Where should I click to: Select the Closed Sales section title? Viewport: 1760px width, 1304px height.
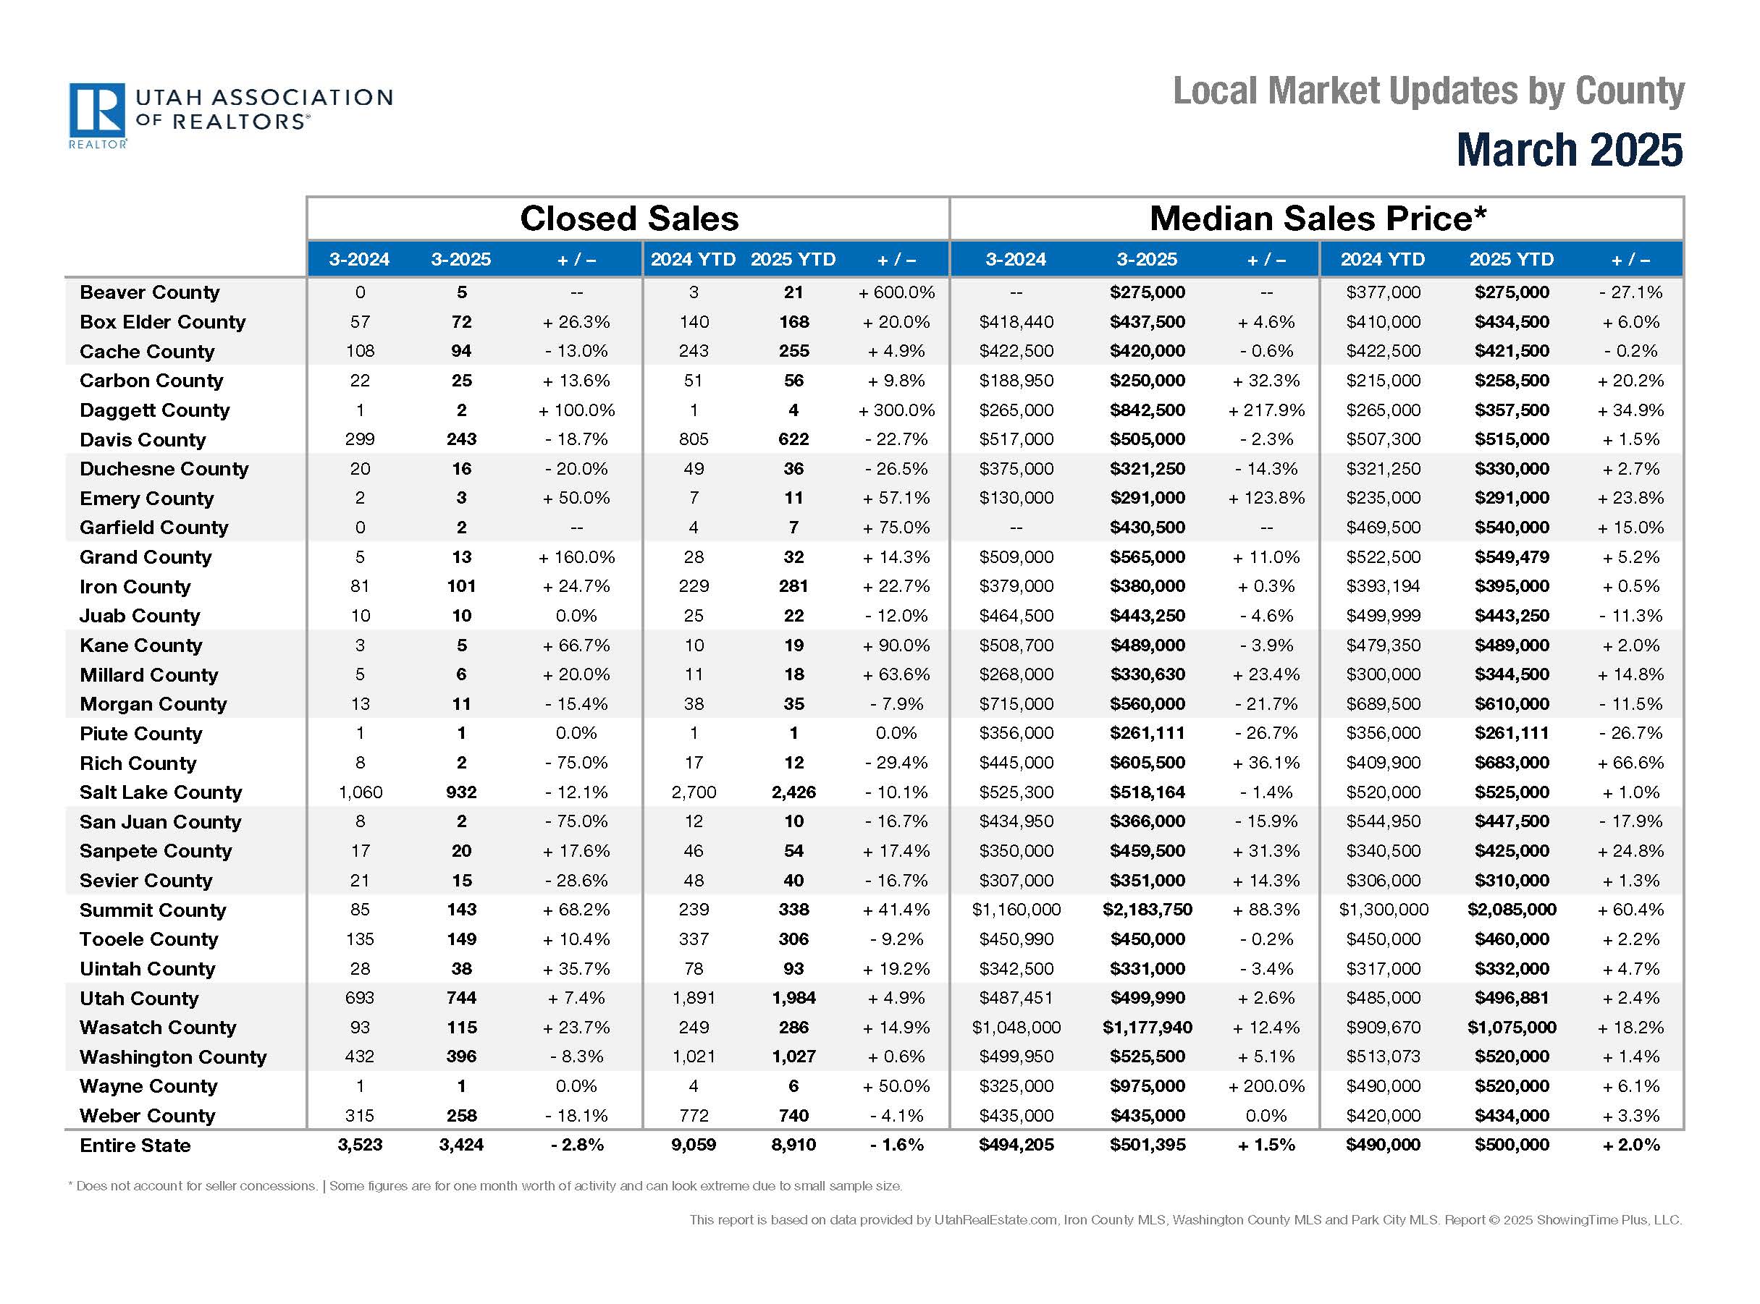point(628,219)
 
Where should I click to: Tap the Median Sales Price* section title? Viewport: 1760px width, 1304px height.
point(1317,219)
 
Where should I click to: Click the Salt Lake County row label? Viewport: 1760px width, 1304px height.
point(160,792)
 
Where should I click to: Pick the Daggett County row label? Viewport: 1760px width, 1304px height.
point(154,410)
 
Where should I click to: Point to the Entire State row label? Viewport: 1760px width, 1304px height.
point(135,1146)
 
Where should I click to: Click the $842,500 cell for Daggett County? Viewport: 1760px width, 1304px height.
point(1147,410)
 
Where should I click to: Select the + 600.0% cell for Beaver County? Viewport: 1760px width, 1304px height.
point(896,293)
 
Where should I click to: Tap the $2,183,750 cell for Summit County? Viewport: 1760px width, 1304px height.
point(1147,910)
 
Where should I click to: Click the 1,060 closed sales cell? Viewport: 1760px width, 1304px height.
point(360,792)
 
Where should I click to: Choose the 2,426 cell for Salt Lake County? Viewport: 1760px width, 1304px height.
point(793,792)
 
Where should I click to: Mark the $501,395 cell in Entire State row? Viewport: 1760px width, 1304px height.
point(1147,1146)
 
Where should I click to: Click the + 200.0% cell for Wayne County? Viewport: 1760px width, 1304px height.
point(1266,1087)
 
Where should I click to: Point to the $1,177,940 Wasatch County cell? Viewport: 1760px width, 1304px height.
point(1147,1028)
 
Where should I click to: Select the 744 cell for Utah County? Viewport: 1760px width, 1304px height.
point(461,999)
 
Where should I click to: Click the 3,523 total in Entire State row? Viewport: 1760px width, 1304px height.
point(360,1146)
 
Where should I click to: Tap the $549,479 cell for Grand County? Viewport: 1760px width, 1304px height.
point(1511,557)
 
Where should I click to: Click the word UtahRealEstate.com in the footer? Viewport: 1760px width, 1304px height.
point(995,1220)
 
